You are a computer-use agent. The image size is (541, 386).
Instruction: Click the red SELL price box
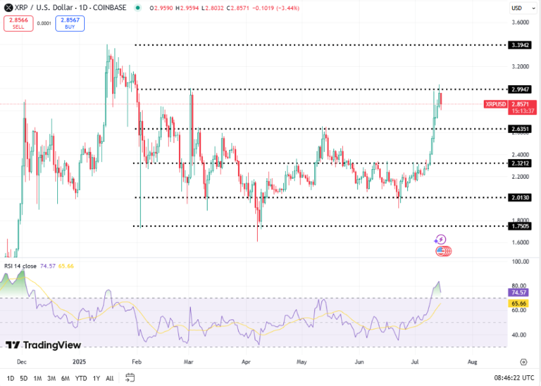(18, 24)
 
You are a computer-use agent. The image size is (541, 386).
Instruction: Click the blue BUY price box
(69, 24)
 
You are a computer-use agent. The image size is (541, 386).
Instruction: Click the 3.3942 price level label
(520, 45)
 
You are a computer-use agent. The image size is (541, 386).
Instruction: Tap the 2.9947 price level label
(520, 90)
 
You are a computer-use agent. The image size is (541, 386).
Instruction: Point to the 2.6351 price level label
(520, 129)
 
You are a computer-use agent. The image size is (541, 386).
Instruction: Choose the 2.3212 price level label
(520, 163)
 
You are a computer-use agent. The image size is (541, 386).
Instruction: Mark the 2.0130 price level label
(520, 198)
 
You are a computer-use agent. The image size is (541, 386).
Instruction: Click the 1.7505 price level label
(520, 226)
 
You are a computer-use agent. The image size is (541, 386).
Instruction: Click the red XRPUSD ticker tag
(495, 104)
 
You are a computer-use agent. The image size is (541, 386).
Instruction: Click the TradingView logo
(44, 345)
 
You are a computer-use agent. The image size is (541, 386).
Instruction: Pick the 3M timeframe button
(52, 378)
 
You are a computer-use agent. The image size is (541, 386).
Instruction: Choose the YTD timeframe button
(81, 378)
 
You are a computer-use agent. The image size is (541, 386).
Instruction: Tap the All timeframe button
(109, 378)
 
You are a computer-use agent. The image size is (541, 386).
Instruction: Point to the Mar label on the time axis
(188, 361)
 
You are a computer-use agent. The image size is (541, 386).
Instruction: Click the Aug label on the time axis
(472, 361)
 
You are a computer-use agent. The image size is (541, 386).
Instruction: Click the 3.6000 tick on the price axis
(520, 23)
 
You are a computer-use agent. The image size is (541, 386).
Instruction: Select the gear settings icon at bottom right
(523, 362)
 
